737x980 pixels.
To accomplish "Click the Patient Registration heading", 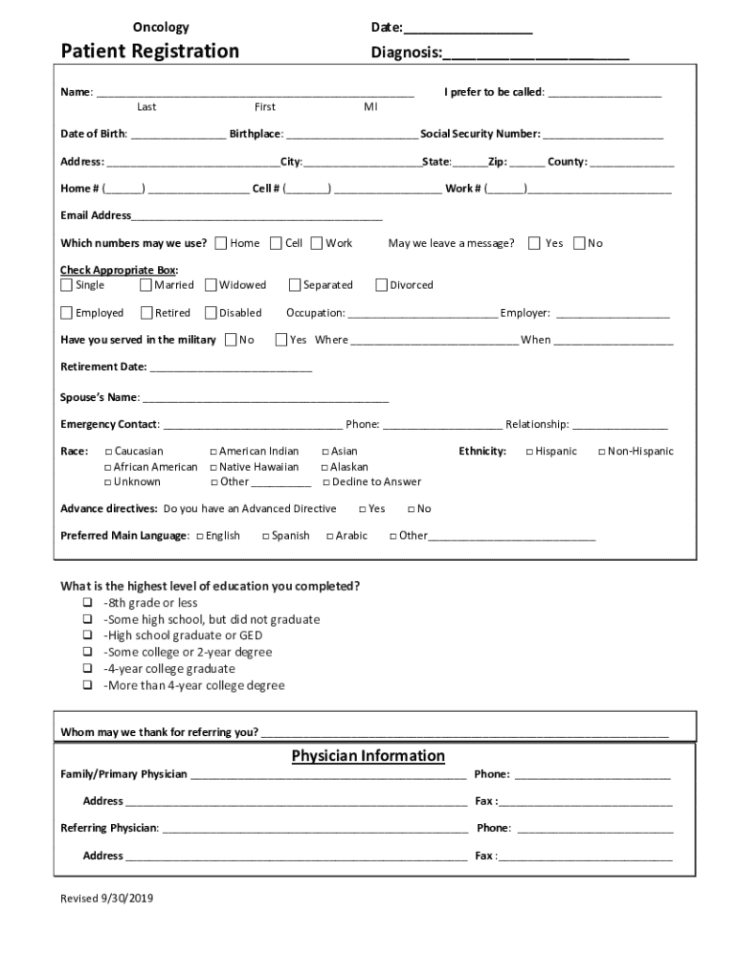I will tap(150, 51).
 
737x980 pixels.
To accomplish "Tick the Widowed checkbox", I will tap(212, 285).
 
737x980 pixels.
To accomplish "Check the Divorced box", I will tap(382, 285).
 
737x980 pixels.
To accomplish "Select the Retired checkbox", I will tap(146, 313).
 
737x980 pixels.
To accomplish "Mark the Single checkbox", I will tap(67, 285).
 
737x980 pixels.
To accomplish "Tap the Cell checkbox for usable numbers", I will tap(276, 243).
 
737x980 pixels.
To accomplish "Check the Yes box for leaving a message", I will tap(534, 243).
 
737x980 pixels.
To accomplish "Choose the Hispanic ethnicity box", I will tap(529, 452).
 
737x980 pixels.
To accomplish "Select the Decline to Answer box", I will tap(325, 482).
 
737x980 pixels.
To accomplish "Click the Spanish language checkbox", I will tap(265, 536).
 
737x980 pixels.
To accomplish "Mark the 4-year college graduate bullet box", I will tap(87, 669).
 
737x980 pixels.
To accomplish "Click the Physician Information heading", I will tap(368, 757).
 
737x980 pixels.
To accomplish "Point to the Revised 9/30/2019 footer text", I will tap(107, 899).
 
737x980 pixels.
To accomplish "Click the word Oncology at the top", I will tap(161, 28).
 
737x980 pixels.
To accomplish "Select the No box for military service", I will tap(232, 340).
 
